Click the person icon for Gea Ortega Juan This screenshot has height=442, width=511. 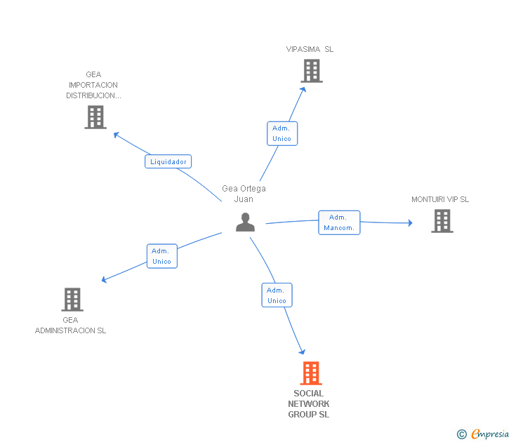[245, 222]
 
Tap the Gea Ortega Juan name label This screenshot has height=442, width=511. [244, 194]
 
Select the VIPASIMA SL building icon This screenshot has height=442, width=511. [312, 71]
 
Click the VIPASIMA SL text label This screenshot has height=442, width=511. [310, 49]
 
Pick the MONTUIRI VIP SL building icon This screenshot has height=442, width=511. [442, 221]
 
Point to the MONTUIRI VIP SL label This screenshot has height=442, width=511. [440, 199]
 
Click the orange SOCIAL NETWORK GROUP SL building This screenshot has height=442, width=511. [311, 373]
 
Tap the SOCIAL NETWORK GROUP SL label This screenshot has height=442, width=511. [309, 404]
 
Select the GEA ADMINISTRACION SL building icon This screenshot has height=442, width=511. [72, 300]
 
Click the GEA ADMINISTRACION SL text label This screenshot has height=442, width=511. [71, 326]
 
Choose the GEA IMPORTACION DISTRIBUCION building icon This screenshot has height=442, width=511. [95, 117]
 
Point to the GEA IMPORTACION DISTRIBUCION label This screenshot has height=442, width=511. [93, 85]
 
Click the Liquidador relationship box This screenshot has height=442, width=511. [168, 161]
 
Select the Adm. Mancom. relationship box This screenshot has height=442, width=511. [339, 222]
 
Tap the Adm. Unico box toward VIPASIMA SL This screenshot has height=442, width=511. [282, 133]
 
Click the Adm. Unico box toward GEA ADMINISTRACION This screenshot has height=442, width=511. [161, 256]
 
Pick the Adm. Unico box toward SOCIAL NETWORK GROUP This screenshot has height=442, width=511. [277, 295]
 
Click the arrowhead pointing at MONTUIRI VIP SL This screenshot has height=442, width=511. [410, 223]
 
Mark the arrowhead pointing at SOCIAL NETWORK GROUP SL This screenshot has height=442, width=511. [303, 351]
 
